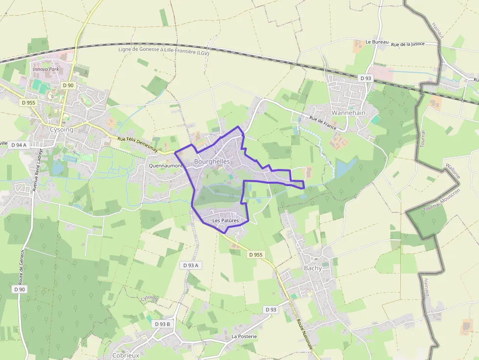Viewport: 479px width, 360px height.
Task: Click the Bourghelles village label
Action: click(212, 161)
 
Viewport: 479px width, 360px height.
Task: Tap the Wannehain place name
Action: click(348, 112)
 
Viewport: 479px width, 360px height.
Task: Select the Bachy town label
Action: click(313, 268)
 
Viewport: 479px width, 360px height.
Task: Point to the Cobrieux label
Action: click(126, 356)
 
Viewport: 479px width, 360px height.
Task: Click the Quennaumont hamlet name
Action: click(166, 166)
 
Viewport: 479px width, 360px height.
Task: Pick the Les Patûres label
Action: click(226, 221)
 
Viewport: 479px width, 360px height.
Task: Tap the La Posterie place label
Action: click(244, 337)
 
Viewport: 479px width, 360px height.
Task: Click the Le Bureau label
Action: click(377, 42)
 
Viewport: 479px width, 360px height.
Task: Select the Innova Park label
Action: click(45, 69)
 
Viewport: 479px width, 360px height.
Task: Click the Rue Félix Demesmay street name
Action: click(138, 145)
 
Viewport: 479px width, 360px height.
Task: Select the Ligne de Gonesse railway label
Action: click(163, 50)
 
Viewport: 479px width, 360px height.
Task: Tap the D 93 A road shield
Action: click(191, 265)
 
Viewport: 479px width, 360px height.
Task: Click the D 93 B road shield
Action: click(162, 324)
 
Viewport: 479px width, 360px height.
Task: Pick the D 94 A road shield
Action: click(18, 145)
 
